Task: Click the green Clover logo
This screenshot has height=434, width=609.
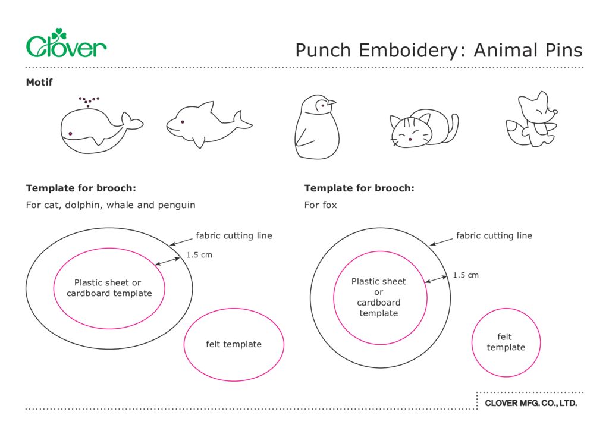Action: [66, 44]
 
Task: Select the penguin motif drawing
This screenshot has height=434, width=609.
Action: [317, 129]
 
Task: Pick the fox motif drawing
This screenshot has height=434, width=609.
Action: [532, 121]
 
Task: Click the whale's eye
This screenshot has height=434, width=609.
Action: [71, 133]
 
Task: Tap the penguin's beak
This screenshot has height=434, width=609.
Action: [331, 102]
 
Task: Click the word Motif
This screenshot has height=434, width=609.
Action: [39, 83]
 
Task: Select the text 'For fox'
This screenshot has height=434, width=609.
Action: [321, 205]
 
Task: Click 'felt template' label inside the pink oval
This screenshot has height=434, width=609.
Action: [234, 344]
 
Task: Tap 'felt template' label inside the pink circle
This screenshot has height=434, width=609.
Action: [506, 342]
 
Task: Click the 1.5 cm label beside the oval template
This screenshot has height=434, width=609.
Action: [199, 255]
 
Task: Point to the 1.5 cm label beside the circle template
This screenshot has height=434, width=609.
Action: [465, 275]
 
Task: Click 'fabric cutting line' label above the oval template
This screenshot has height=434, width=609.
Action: [234, 236]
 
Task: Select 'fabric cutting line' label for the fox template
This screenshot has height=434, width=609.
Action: [494, 236]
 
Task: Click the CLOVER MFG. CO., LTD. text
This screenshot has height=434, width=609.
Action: [530, 403]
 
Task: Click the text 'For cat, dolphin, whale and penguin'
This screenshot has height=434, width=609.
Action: [111, 205]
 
